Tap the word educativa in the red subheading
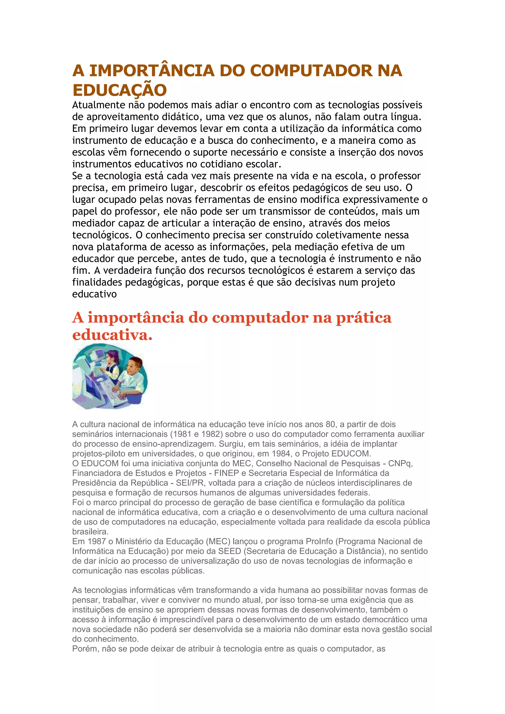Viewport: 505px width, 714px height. [112, 335]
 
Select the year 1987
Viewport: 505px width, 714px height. [97, 541]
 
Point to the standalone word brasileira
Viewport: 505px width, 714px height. [90, 532]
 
